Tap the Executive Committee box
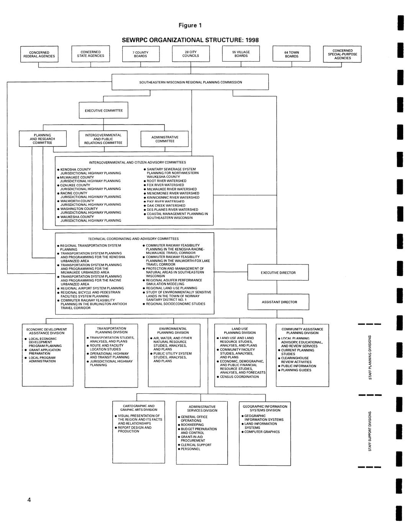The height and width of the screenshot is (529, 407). point(103,110)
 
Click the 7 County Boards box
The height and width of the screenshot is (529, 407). point(141,54)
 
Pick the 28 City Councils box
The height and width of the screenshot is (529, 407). point(190,54)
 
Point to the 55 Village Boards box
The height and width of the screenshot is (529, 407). point(241,54)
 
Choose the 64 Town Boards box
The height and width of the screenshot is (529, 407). point(291,54)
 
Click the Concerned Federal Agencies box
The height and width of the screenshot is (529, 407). point(39,54)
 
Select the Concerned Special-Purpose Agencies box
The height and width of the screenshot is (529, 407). point(342,54)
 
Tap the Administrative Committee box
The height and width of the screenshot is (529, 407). point(164,139)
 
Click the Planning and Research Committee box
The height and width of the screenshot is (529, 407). point(43,139)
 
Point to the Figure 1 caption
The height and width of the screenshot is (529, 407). point(190,26)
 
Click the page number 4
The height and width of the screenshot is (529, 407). point(29,499)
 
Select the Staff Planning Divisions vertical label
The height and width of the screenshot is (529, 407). point(370,357)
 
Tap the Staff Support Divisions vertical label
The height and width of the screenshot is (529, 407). point(370,431)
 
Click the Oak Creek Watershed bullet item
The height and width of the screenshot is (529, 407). point(166,205)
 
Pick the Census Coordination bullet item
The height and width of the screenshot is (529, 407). point(239,377)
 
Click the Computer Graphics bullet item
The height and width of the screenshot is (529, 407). point(262,432)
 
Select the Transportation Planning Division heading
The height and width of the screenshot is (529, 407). point(111,330)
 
